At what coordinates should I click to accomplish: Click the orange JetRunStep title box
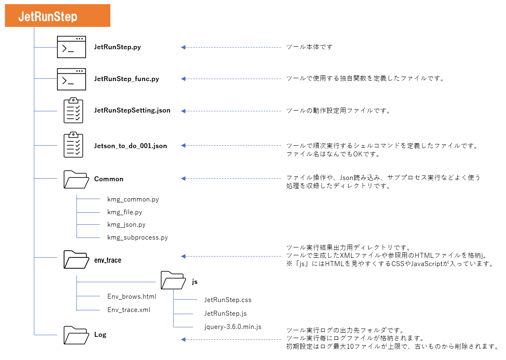[x=57, y=16]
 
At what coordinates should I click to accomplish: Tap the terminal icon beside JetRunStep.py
[x=72, y=47]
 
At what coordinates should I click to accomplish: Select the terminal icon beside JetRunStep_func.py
[x=72, y=79]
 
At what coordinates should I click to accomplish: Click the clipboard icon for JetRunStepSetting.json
[x=73, y=110]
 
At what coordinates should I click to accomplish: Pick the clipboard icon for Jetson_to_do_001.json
[x=73, y=145]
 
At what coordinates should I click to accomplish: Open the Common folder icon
[x=76, y=179]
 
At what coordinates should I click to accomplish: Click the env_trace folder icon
[x=76, y=259]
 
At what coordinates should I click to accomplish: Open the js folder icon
[x=173, y=280]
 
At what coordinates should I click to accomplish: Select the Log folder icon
[x=76, y=335]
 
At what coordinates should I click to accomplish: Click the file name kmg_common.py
[x=133, y=199]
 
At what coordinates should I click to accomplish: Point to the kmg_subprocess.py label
[x=138, y=238]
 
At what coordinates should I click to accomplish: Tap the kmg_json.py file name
[x=126, y=225]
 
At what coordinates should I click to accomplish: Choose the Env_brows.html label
[x=132, y=296]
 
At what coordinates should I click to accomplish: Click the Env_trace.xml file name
[x=129, y=310]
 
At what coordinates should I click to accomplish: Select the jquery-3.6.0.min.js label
[x=233, y=327]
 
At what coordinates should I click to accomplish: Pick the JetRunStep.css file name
[x=228, y=300]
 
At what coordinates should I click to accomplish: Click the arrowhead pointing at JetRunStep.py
[x=183, y=47]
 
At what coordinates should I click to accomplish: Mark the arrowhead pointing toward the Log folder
[x=183, y=339]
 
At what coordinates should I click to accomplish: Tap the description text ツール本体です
[x=309, y=47]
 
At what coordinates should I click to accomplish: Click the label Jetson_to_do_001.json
[x=130, y=146]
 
